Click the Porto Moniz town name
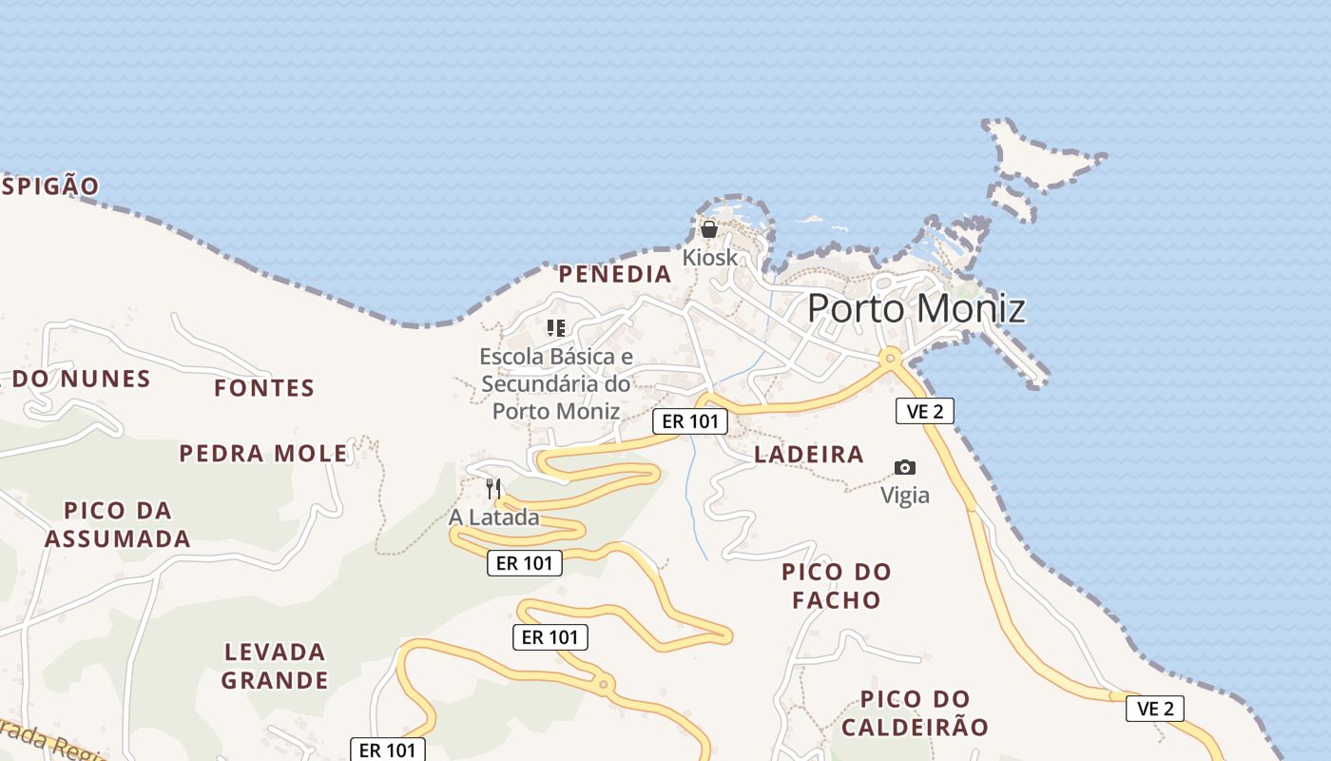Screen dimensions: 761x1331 pos(916,309)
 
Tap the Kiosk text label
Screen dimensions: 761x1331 pos(709,258)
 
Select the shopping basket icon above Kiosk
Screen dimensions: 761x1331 pos(709,229)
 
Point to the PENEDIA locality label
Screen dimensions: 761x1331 pos(614,275)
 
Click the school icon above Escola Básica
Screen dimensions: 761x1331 pos(556,329)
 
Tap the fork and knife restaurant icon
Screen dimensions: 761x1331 pos(493,489)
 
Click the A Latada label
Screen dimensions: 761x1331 pos(493,517)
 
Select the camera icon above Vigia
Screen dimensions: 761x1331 pos(905,467)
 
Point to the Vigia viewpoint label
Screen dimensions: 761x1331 pos(905,496)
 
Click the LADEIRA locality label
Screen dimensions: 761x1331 pos(809,455)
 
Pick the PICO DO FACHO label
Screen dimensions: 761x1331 pos(837,586)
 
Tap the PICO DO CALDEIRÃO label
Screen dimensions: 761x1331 pos(915,713)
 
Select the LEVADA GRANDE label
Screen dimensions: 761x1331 pos(275,666)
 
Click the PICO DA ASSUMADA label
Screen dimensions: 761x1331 pos(118,525)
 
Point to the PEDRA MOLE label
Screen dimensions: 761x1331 pos(263,454)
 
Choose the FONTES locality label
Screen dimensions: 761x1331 pos(263,388)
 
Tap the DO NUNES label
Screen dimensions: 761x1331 pos(82,380)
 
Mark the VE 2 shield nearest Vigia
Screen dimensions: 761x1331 pos(924,411)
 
